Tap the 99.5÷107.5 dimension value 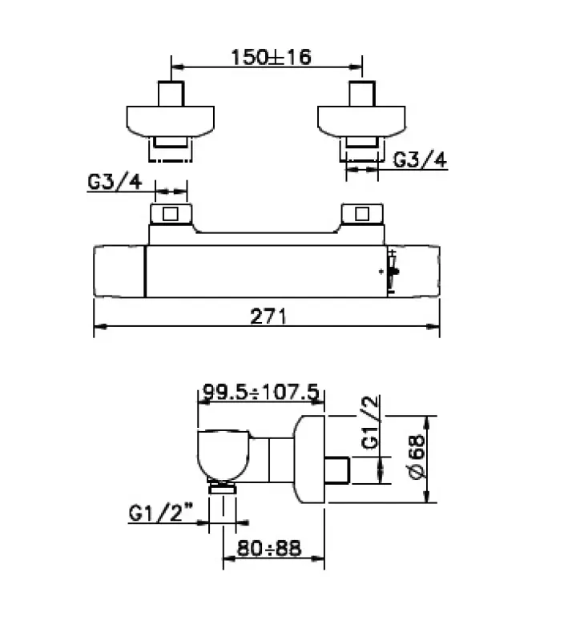[x=261, y=392]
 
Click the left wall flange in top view [x=171, y=119]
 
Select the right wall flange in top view [x=362, y=119]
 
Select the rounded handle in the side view [x=228, y=458]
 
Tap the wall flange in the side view [x=310, y=460]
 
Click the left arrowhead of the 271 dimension [x=99, y=327]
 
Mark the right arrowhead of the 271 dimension [x=435, y=327]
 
